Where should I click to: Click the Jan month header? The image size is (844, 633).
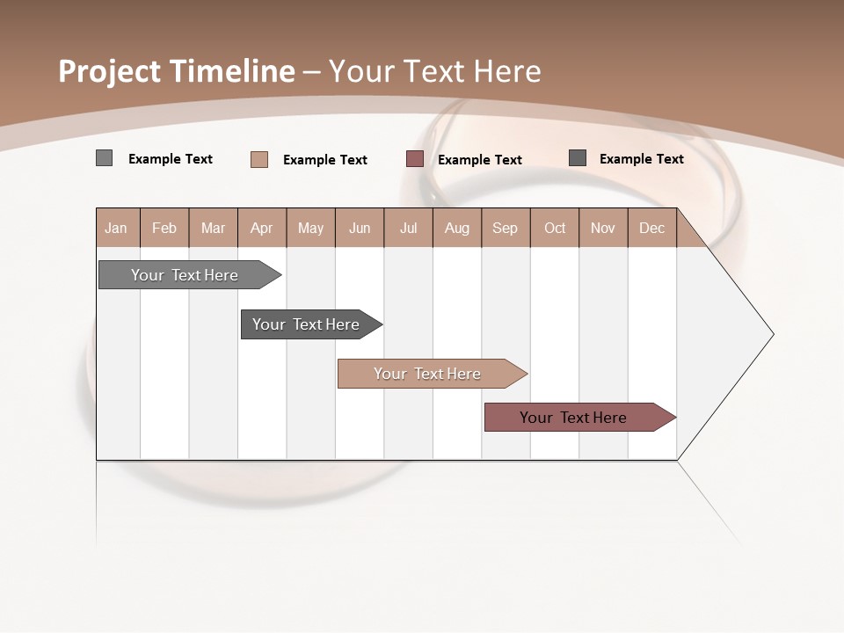(117, 228)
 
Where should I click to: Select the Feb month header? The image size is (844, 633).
(164, 228)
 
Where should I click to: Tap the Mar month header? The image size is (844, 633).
(214, 228)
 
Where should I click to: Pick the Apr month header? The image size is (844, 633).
(262, 228)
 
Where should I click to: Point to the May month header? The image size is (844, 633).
(310, 228)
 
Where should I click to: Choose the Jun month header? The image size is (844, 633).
(360, 228)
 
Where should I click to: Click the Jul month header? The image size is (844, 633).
(409, 228)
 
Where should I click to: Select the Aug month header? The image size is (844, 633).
(457, 228)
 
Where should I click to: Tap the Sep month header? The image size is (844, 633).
(506, 228)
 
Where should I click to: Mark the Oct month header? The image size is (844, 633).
(555, 228)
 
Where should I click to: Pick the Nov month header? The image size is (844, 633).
(603, 228)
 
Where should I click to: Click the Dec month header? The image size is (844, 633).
(652, 228)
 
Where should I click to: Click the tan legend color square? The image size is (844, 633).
(259, 159)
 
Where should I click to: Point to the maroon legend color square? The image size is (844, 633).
(415, 159)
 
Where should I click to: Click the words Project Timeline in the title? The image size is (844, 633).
(177, 71)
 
